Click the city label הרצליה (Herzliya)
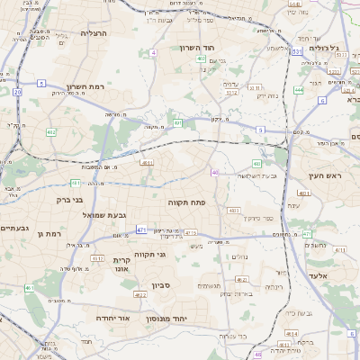coord(94,33)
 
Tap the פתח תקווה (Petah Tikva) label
coord(187,203)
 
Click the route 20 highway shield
coord(18,91)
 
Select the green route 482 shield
coord(50,132)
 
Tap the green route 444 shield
coord(299,90)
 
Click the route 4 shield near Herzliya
coord(153,53)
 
